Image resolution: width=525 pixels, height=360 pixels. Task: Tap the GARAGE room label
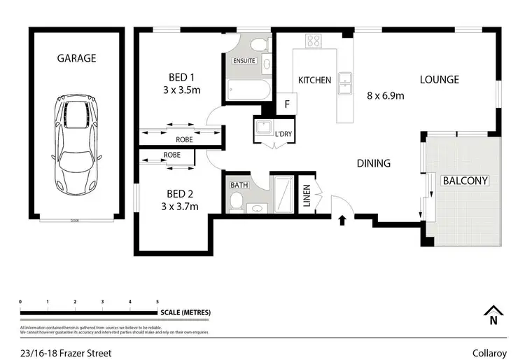pos(77,59)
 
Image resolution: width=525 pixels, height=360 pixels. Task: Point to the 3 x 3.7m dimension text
pos(180,206)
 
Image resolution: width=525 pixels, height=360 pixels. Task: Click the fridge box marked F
pos(286,104)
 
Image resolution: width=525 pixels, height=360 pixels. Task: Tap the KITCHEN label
pos(314,80)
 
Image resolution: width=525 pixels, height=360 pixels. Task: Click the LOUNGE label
pos(439,79)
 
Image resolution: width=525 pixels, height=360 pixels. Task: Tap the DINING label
pos(373,163)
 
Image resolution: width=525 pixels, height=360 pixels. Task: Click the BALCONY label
pos(465,180)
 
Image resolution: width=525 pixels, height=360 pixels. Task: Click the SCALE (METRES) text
pos(185,312)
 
